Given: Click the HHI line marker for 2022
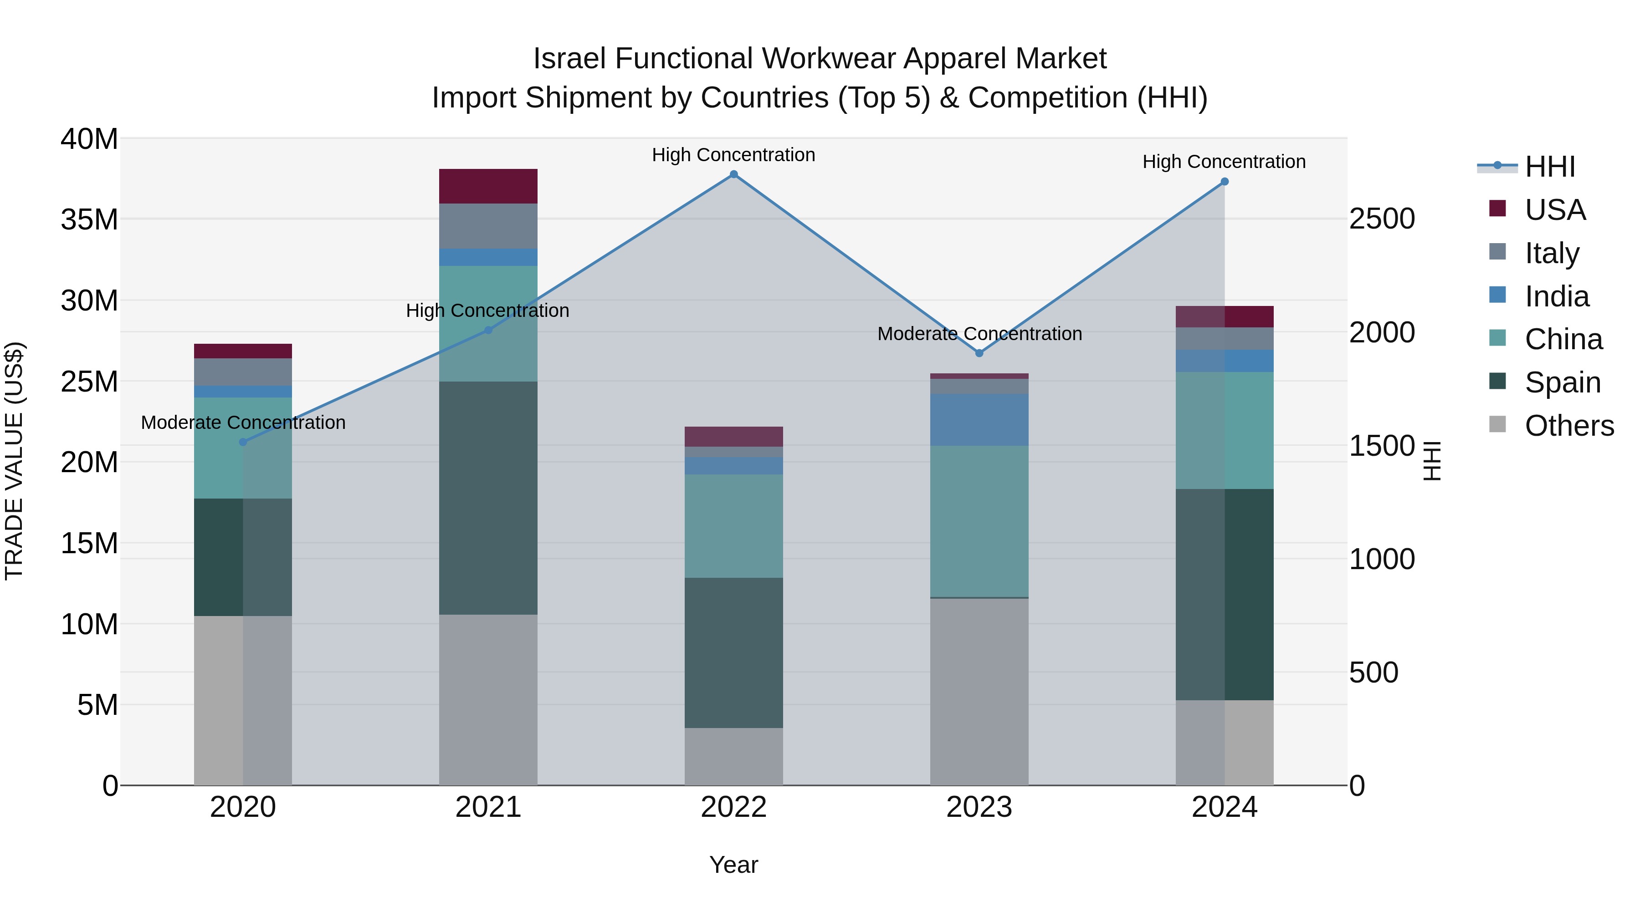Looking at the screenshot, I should (733, 174).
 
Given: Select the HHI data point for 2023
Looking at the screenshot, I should (979, 353).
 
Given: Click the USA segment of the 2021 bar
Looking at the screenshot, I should (488, 186).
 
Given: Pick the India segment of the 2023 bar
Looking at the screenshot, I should (979, 419).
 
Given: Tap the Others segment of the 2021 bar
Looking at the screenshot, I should (488, 699).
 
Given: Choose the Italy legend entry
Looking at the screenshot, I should (1552, 253).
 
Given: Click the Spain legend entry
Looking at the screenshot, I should (1563, 382).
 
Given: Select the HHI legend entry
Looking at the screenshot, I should (1550, 167).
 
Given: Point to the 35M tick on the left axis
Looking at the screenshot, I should (89, 219).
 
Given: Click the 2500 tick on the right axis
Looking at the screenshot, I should (1382, 219).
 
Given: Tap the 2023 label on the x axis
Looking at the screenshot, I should (979, 807).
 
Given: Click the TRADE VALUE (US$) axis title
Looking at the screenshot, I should (14, 461).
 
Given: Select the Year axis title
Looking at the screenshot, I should (733, 865).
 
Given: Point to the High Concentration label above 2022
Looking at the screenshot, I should (733, 155).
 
